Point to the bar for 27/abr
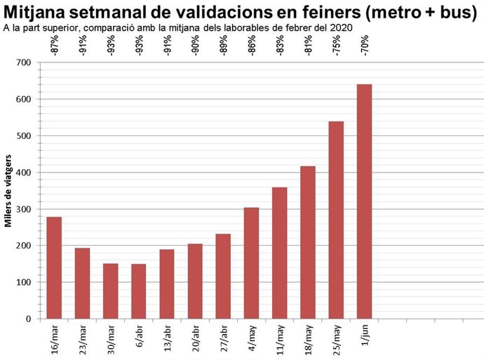tap(223, 276)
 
